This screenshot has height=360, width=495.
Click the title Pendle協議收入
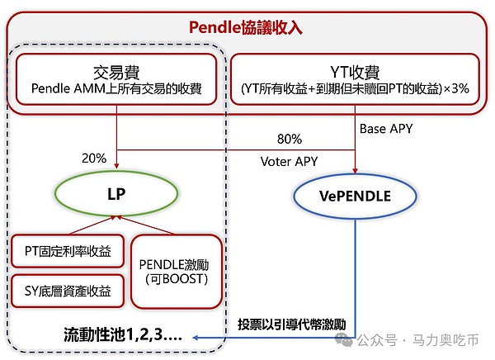tap(246, 27)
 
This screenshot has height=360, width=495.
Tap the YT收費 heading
tap(354, 71)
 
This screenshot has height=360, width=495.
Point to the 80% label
tap(289, 139)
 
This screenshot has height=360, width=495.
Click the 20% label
tap(94, 158)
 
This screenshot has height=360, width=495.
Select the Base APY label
tap(385, 129)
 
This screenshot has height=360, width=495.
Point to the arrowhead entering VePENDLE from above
tap(354, 169)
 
